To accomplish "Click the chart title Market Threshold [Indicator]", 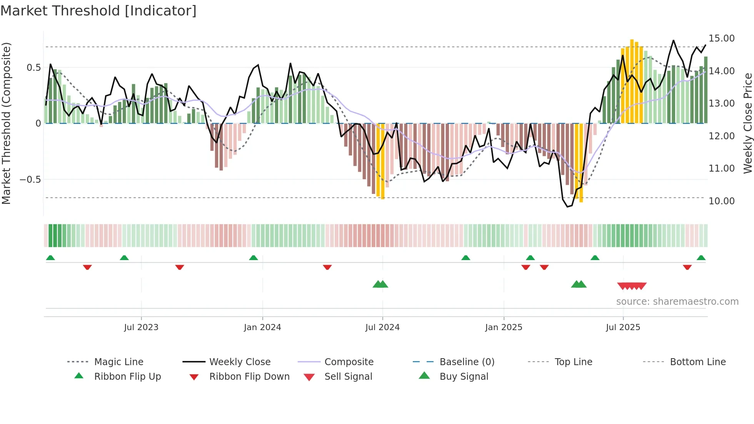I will tap(98, 11).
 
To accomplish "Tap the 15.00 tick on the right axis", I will tap(722, 38).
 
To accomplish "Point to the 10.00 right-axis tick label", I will tap(722, 201).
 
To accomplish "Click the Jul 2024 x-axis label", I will tap(382, 327).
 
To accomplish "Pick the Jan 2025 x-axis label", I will tap(504, 327).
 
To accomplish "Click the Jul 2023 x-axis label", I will tap(141, 327).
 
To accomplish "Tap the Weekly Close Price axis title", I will tap(747, 123).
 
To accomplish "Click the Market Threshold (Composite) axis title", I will tap(6, 123).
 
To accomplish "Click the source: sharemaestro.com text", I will tap(677, 302).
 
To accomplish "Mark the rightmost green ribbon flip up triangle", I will tap(701, 258).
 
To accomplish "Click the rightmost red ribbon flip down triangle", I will tap(687, 267).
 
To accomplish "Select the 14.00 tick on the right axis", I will tap(722, 71).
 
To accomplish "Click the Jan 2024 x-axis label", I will tap(262, 327).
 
